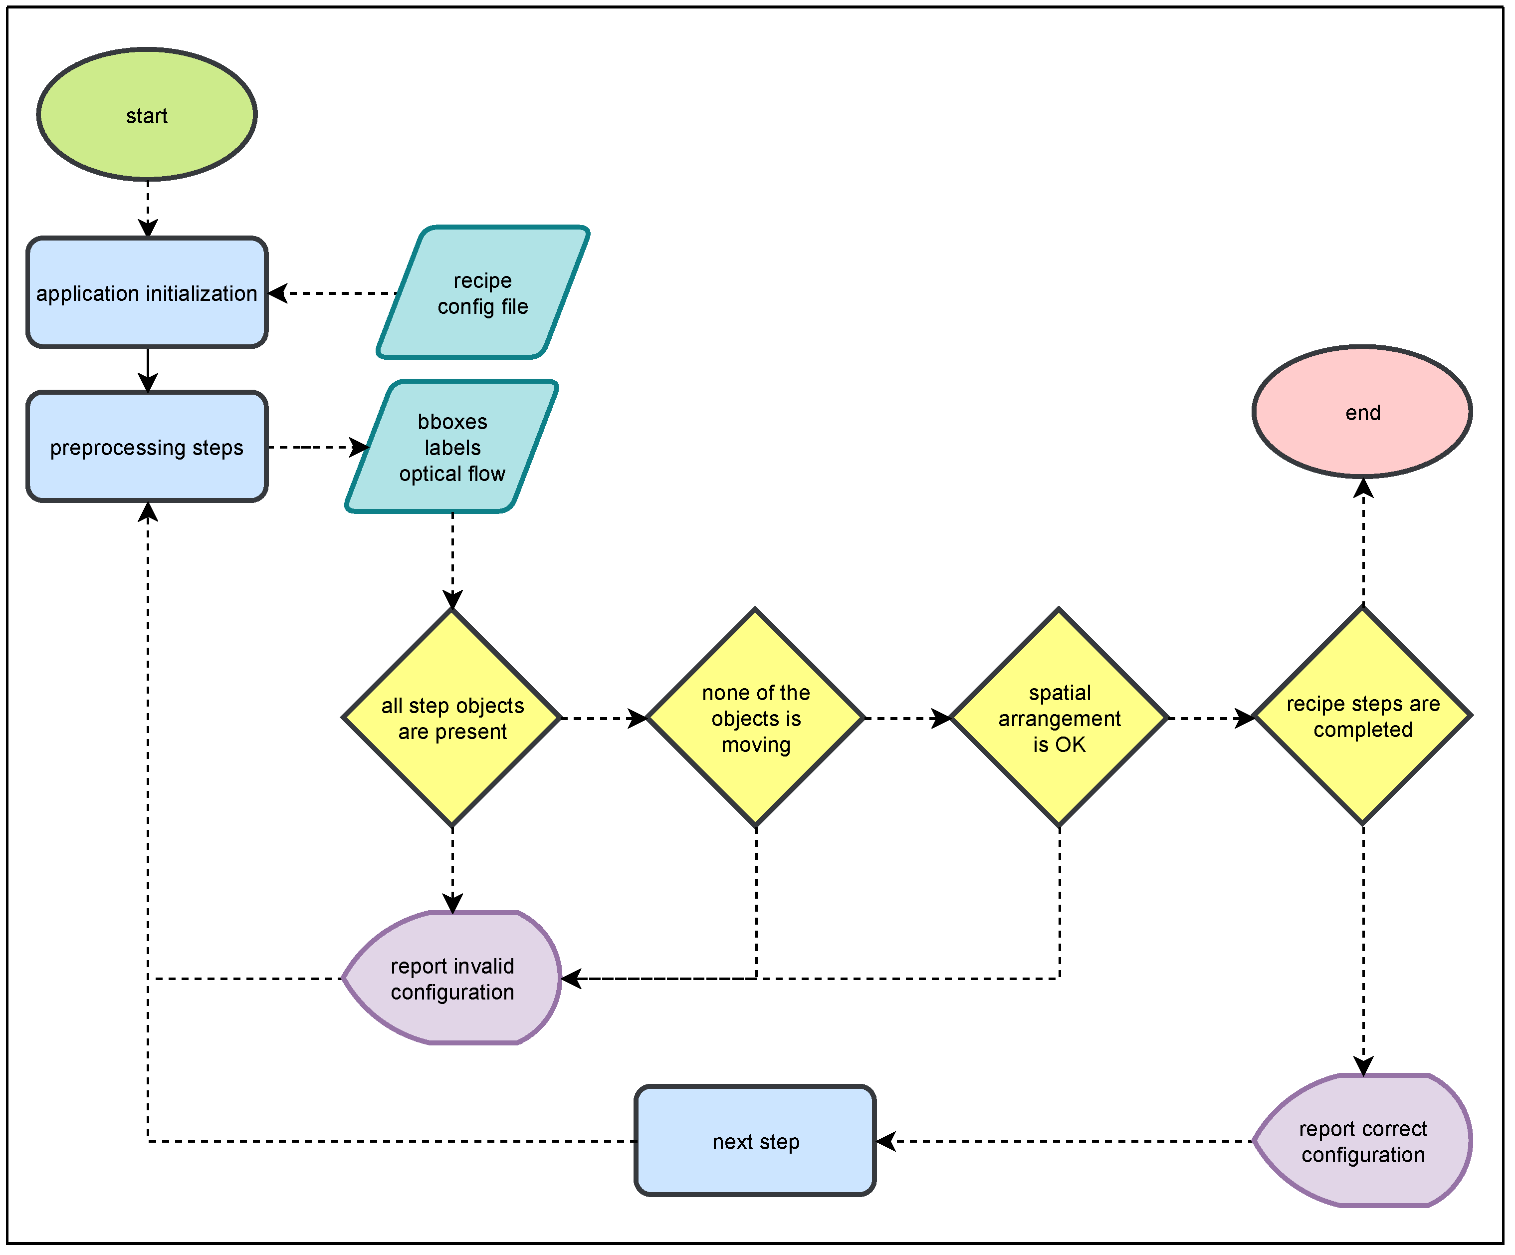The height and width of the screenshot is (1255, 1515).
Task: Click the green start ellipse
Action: coord(147,115)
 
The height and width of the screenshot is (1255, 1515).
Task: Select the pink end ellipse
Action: coord(1362,412)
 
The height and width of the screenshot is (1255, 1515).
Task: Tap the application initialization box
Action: coord(147,293)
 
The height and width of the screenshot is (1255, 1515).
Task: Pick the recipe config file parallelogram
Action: coord(483,292)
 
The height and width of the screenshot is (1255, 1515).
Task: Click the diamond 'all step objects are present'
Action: coord(452,718)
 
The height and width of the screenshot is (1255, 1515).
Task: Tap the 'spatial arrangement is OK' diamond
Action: coord(1059,718)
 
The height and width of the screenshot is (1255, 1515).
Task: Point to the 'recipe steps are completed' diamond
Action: coord(1362,717)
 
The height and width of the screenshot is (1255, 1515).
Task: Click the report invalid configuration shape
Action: coord(452,978)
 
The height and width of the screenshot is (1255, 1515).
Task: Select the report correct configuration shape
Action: coord(1362,1141)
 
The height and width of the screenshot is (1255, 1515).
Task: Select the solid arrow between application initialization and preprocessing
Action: coord(148,369)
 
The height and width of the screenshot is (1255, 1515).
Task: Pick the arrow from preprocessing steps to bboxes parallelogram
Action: coord(317,448)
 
